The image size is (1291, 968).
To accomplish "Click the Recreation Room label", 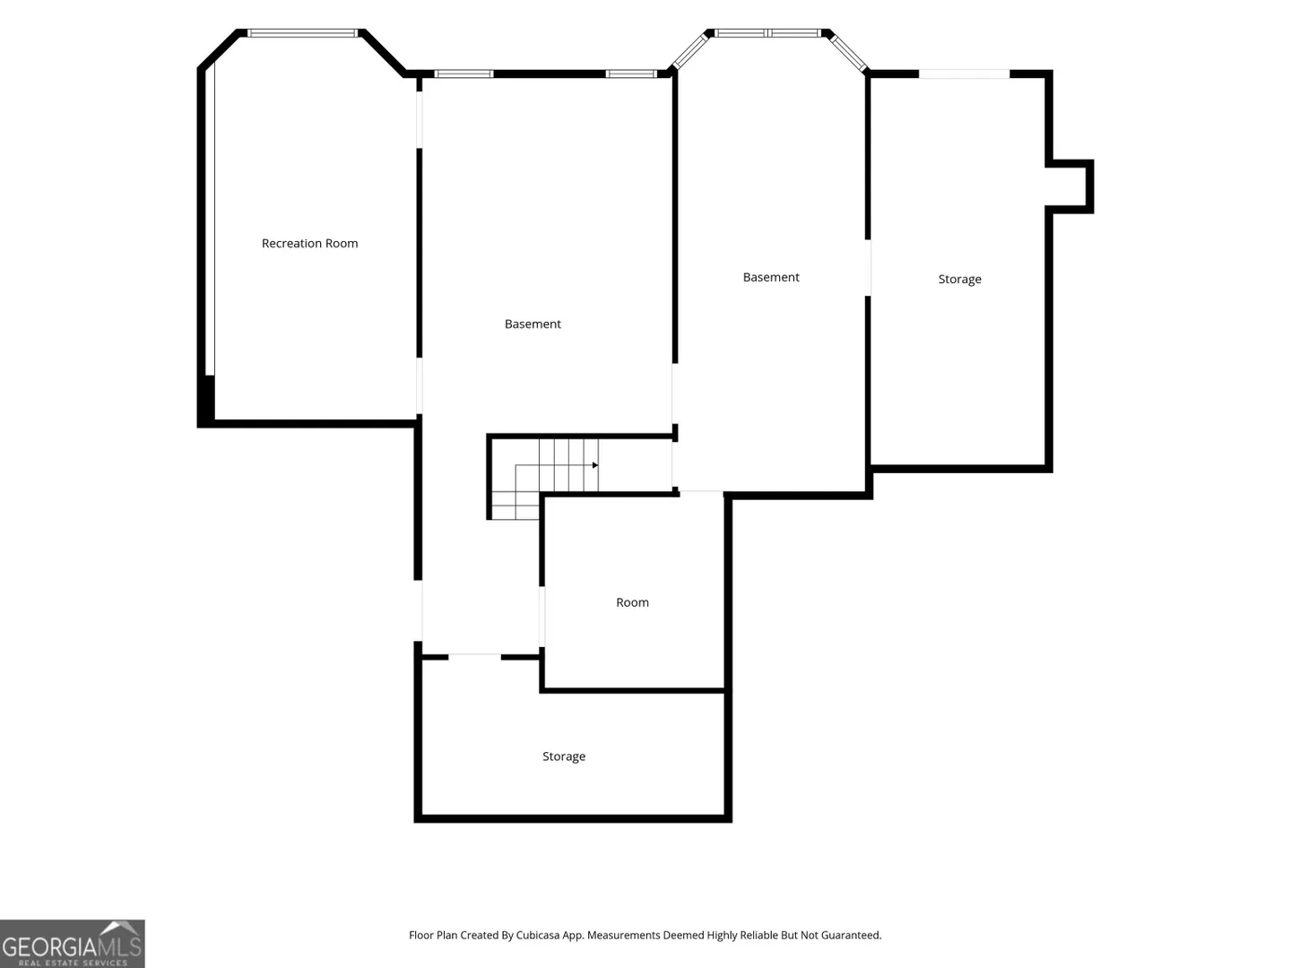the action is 309,243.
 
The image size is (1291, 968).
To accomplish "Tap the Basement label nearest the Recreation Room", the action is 533,324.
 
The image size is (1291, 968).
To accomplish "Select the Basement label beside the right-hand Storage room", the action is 770,277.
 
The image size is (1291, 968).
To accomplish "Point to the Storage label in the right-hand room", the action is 959,279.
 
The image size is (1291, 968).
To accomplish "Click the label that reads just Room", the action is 632,602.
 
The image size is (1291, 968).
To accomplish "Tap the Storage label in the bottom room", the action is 563,756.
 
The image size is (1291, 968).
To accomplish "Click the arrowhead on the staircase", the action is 595,465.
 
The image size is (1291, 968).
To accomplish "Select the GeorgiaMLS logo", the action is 73,944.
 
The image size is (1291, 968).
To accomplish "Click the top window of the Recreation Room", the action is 302,33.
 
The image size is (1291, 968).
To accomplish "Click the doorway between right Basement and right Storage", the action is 868,267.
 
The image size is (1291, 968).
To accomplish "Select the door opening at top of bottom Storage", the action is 474,657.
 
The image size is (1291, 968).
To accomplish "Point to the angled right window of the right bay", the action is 849,54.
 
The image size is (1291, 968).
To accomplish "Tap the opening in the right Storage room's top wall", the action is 964,74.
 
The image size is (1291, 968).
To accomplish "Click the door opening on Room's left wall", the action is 542,617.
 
